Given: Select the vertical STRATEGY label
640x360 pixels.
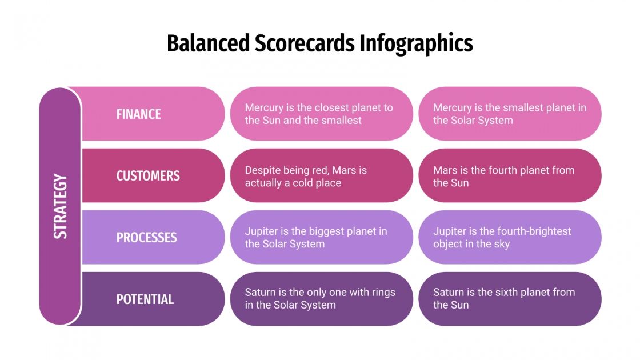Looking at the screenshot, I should point(60,206).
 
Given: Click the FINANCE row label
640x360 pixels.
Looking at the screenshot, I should point(139,114).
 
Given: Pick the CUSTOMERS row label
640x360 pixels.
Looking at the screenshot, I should point(148,176).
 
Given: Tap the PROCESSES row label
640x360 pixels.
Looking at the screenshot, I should point(147,238).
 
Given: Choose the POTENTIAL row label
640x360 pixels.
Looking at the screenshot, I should point(145,299).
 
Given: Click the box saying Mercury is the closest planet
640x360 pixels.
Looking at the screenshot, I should point(321,114).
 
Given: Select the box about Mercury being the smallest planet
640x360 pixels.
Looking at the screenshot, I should point(510,114).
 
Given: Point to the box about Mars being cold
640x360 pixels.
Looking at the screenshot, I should point(321,176).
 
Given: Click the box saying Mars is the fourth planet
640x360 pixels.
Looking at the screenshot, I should point(510,176).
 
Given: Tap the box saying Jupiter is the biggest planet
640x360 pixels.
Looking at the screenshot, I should point(321,238).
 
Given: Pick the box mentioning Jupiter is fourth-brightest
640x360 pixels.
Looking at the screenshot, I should point(510,238).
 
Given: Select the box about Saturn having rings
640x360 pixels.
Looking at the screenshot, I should point(321,299).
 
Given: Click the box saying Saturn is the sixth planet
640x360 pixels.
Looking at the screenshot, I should point(510,299).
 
